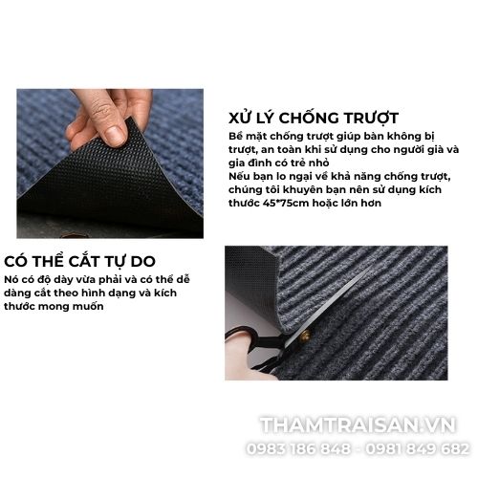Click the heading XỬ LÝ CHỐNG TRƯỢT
(x=314, y=118)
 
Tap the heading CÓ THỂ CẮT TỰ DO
(x=79, y=261)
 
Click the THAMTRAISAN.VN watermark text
(x=358, y=425)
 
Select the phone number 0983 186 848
(x=298, y=448)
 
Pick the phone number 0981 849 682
(x=417, y=448)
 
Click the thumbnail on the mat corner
(x=114, y=136)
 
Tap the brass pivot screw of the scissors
(x=306, y=336)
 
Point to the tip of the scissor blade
(x=372, y=265)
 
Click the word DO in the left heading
(x=142, y=261)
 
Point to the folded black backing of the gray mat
(x=251, y=284)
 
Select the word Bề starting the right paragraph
(x=235, y=136)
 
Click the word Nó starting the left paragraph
(x=11, y=280)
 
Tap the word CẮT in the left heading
(x=87, y=261)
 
